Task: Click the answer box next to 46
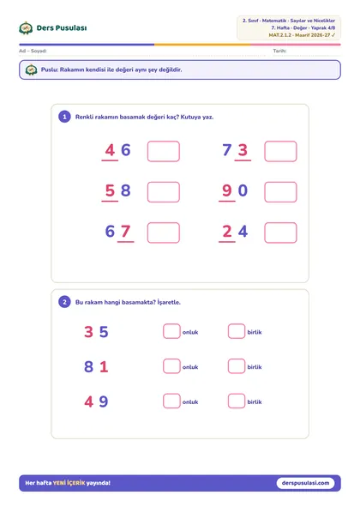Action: (x=164, y=151)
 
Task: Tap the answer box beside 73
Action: (x=280, y=151)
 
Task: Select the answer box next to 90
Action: (x=280, y=192)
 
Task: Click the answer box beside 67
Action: (x=164, y=232)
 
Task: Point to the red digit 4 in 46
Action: (x=110, y=150)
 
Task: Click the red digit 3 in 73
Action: (x=243, y=150)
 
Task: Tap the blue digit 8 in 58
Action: (x=126, y=190)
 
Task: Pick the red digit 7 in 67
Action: (x=126, y=231)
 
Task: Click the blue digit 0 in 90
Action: (x=243, y=190)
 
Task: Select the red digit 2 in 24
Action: (x=227, y=231)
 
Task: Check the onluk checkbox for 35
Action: (x=171, y=331)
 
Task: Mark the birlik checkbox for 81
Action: (x=237, y=366)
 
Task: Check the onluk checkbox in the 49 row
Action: (x=171, y=401)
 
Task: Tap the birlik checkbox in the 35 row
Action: (x=237, y=331)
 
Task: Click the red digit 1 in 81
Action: (x=104, y=366)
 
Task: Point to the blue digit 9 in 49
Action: (x=104, y=401)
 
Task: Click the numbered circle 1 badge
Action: (x=64, y=117)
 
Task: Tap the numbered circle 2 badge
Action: (x=64, y=302)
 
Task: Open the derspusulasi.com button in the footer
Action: (x=305, y=483)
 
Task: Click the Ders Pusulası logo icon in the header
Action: (x=26, y=28)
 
